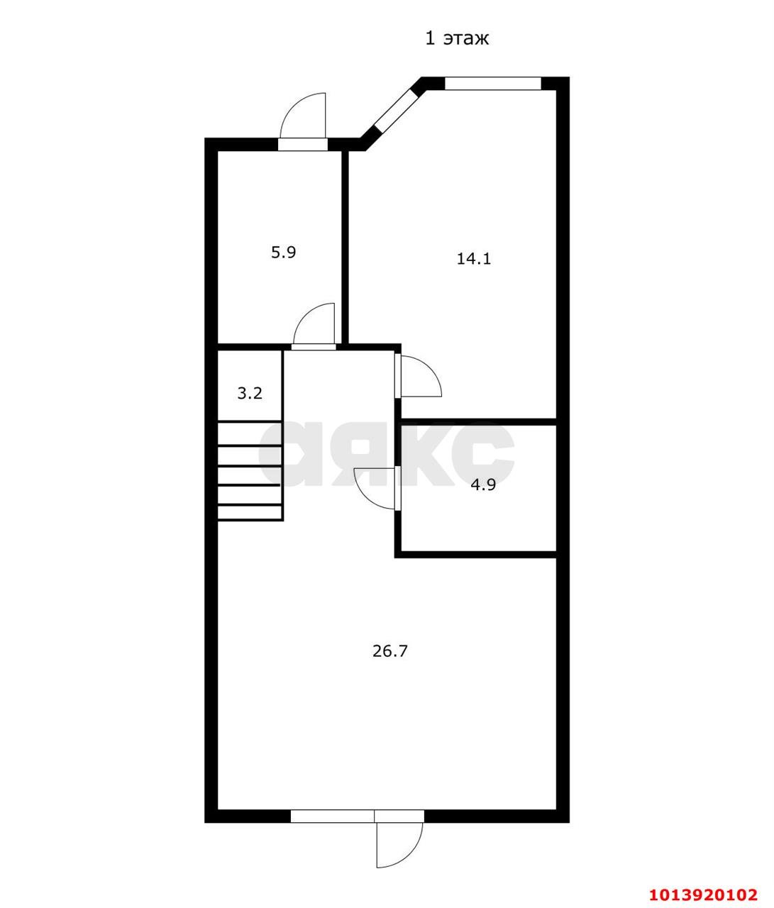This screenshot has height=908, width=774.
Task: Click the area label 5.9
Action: point(283,253)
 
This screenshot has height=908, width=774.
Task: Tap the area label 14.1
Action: point(473,259)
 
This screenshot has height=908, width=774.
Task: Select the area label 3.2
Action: point(250,393)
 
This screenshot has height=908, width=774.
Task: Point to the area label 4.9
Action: point(483,485)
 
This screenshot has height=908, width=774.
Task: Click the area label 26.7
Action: point(390,651)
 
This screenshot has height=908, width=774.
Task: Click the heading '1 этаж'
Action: point(457,38)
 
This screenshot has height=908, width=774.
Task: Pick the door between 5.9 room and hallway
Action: point(314,327)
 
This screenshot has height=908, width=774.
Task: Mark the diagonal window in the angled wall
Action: point(394,110)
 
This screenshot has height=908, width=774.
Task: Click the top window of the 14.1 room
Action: point(493,84)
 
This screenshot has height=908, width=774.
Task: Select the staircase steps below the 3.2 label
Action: point(250,471)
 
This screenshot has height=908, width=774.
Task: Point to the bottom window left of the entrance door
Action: point(333,816)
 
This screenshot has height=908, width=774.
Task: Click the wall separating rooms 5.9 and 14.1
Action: point(345,248)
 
